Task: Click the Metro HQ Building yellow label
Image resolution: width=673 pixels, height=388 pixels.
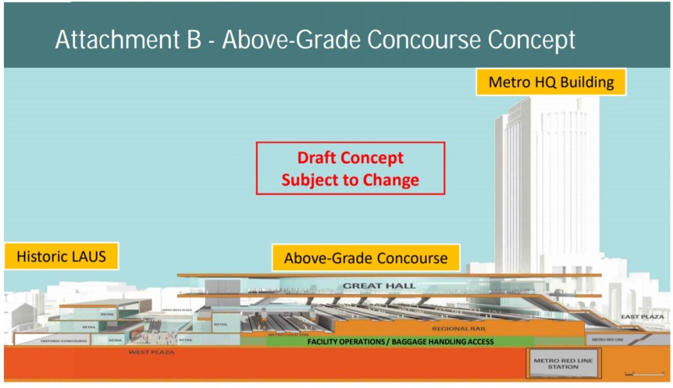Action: pos(551,82)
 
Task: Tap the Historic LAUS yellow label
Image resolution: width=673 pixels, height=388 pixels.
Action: pos(61,256)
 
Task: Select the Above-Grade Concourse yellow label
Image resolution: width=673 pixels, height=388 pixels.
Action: pos(365,258)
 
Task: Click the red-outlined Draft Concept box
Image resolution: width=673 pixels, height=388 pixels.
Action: pos(350,168)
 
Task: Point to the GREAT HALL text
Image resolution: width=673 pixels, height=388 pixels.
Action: pos(370,286)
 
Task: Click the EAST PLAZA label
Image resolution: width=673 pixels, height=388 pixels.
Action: pos(642,318)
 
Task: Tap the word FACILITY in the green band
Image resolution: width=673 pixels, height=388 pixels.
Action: pos(327,341)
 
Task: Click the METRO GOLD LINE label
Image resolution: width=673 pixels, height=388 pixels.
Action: pos(285,335)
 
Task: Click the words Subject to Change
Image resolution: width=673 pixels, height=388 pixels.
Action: pos(350,180)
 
